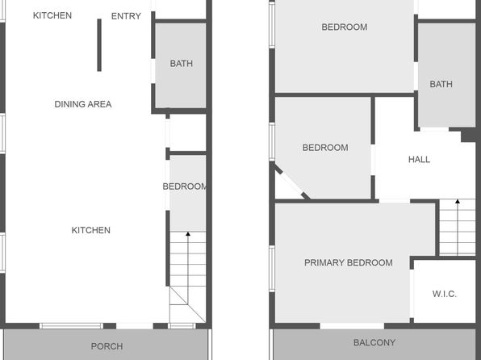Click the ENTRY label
(126, 16)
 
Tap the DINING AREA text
(83, 104)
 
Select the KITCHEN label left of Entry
(52, 15)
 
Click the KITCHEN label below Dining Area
(91, 230)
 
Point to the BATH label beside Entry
(182, 64)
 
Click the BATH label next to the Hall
(441, 84)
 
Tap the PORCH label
(107, 346)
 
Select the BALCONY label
(374, 342)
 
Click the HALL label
(419, 159)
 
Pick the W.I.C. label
(444, 294)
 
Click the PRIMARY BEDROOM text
(349, 262)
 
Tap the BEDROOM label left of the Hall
(325, 148)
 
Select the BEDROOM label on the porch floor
(184, 186)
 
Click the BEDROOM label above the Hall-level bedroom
(344, 27)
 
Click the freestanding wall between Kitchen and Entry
(99, 45)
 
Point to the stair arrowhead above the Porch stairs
(188, 234)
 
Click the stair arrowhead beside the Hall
(458, 201)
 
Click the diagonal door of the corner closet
(291, 182)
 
